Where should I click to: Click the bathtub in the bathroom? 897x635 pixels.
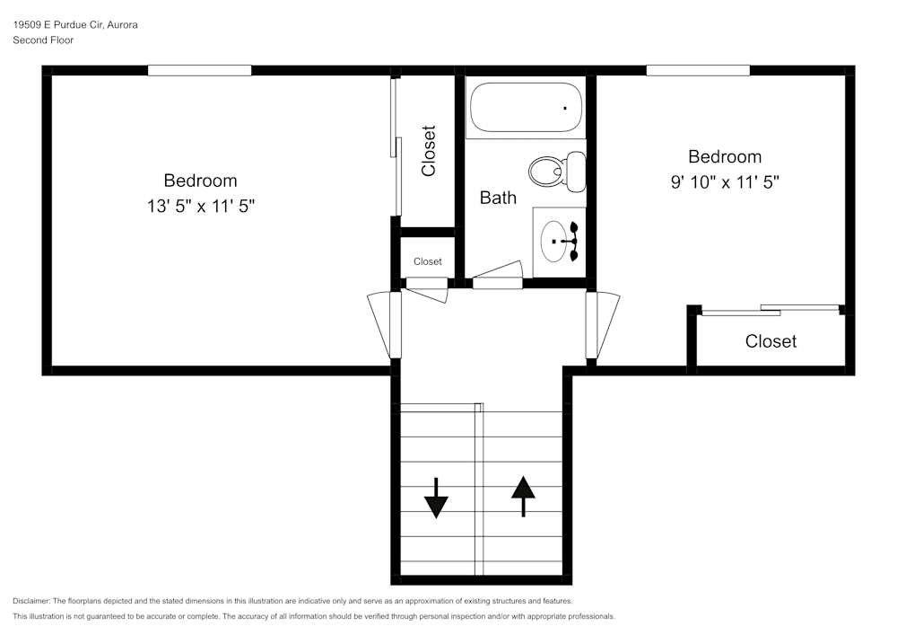tap(526, 108)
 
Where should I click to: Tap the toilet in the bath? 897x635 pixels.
tap(557, 172)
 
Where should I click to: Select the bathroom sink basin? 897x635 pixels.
tap(553, 242)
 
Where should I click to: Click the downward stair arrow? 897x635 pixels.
tap(436, 498)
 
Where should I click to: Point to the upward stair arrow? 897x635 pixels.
tap(523, 497)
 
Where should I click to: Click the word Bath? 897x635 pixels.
tap(498, 198)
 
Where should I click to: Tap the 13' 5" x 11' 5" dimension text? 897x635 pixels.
tap(201, 206)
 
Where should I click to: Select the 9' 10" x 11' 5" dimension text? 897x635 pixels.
tap(725, 182)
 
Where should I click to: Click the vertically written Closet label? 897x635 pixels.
tap(429, 151)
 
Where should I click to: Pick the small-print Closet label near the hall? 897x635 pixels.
tap(427, 261)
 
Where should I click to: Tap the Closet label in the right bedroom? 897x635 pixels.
tap(771, 341)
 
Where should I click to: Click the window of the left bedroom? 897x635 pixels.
tap(200, 70)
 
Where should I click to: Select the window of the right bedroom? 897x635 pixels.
tap(698, 70)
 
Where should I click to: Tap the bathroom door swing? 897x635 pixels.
tap(498, 275)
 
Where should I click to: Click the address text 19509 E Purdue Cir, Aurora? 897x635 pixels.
tap(75, 24)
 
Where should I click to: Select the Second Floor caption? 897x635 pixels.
tap(43, 40)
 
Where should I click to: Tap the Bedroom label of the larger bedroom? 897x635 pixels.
tap(200, 181)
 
